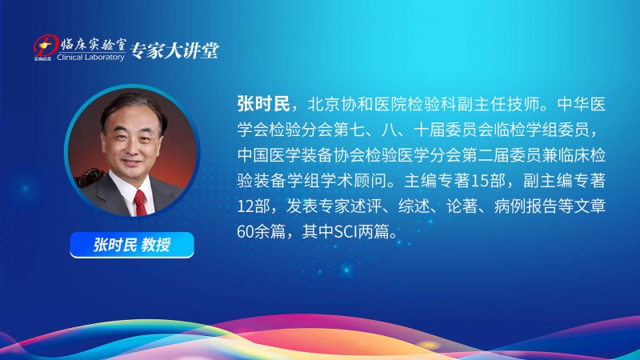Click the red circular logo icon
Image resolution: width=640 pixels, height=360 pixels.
(46, 46)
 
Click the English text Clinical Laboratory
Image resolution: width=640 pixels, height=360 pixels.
(90, 58)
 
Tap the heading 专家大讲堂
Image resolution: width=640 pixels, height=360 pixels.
(175, 50)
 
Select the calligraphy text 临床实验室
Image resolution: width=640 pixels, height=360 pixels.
(94, 45)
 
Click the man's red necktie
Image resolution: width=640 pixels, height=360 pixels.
(139, 202)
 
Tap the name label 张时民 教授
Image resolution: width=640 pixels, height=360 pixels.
(132, 245)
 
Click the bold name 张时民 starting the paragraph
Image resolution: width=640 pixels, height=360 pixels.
(264, 104)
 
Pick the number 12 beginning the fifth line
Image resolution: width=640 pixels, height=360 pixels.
(246, 206)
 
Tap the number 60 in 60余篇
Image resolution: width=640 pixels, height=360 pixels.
(246, 232)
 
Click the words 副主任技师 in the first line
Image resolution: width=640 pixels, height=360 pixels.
(498, 105)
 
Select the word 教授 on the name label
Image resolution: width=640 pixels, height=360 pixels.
(156, 245)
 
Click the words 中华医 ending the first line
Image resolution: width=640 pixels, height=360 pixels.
(582, 105)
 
